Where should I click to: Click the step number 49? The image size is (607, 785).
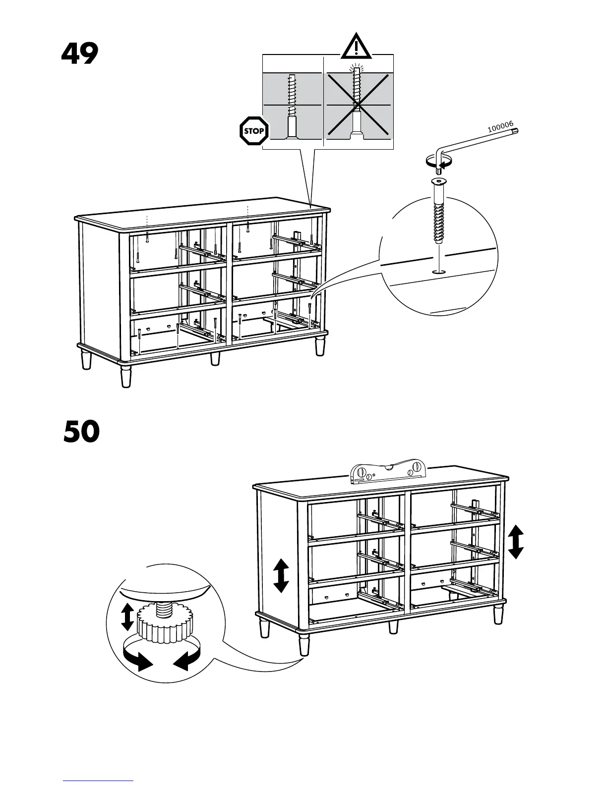click(x=79, y=54)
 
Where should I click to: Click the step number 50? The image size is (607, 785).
click(x=81, y=432)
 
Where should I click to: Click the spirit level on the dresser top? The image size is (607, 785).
click(x=388, y=471)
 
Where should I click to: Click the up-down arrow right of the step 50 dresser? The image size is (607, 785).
click(x=516, y=542)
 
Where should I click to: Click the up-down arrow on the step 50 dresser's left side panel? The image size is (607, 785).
click(x=281, y=575)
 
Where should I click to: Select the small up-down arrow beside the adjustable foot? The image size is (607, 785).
click(x=127, y=616)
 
